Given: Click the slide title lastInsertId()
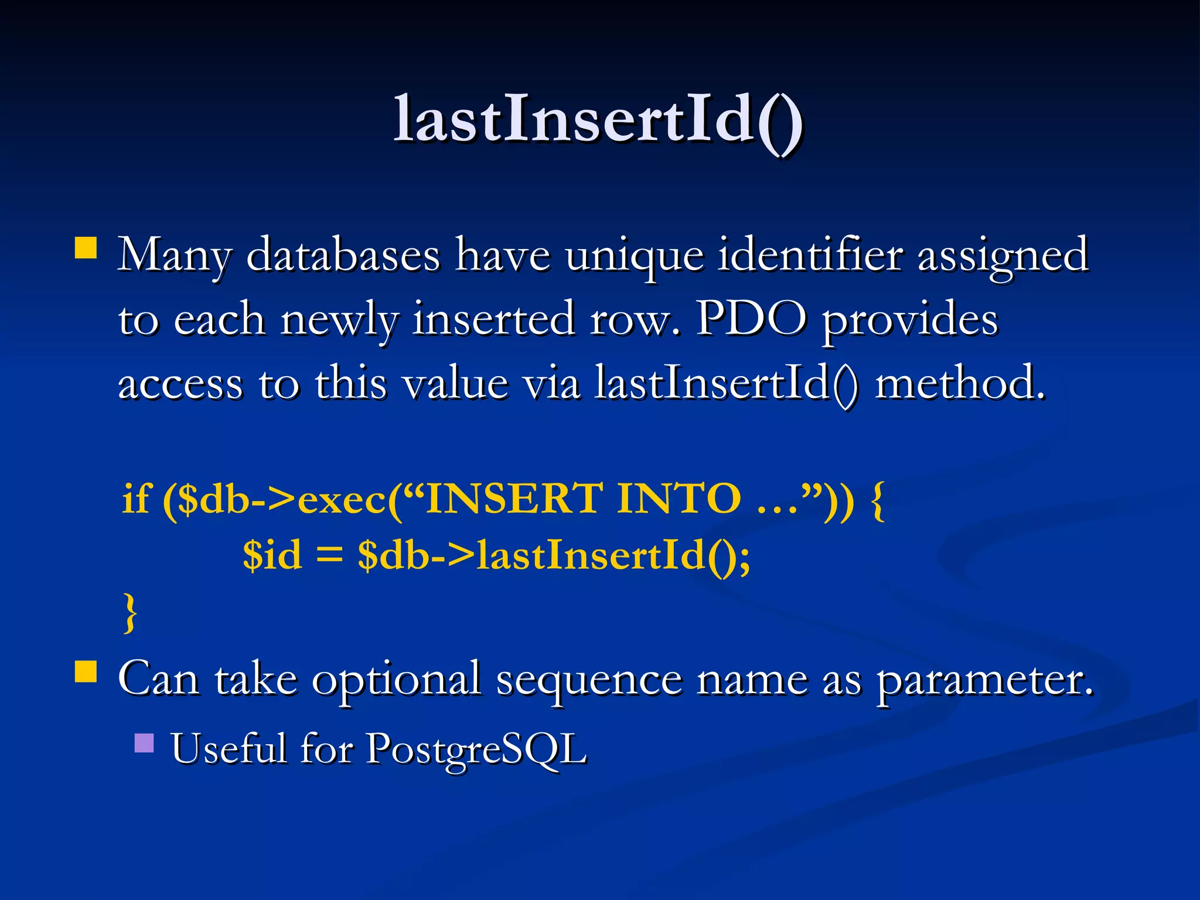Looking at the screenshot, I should (599, 120).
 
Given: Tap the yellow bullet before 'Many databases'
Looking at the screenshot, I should (86, 247).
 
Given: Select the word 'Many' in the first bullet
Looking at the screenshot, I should (174, 256).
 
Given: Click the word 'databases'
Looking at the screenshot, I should (343, 256).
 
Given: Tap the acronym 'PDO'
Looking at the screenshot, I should (751, 319).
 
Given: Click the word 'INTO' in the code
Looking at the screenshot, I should (679, 499).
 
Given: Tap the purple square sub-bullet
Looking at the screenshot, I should (144, 743).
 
